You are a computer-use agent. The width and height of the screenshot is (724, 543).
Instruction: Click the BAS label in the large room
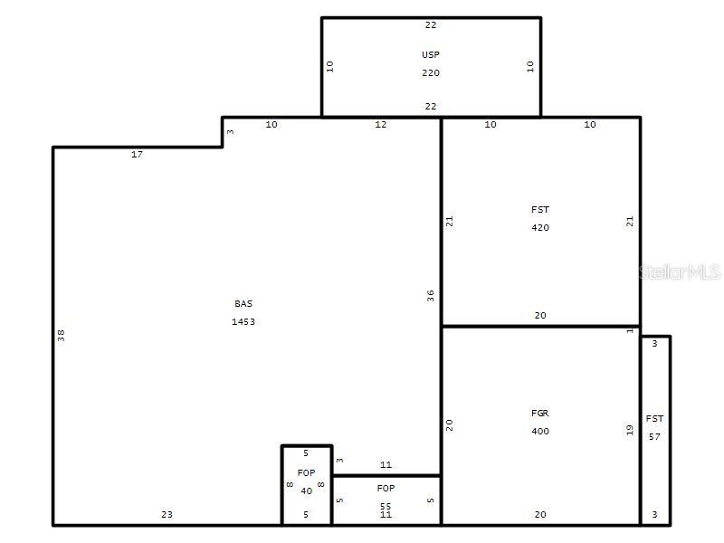(243, 304)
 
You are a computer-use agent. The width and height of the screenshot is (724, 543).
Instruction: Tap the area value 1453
(243, 321)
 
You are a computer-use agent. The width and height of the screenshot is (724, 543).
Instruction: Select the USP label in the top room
(431, 55)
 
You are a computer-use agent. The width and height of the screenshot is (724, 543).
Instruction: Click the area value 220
(431, 73)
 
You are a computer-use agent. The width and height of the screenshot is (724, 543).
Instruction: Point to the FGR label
(540, 414)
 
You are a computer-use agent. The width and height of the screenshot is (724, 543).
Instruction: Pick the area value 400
(540, 432)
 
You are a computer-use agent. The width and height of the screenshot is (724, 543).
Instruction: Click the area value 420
(540, 228)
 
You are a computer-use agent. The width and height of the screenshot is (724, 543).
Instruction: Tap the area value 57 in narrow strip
(655, 436)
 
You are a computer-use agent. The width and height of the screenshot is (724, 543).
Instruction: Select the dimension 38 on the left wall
(62, 335)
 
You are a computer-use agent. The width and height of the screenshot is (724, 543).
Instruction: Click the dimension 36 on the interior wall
(432, 295)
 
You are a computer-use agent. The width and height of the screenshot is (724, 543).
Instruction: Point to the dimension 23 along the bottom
(167, 515)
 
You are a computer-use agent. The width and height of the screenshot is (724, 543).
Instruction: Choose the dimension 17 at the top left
(137, 155)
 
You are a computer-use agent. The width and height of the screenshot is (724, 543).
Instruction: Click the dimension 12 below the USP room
(381, 125)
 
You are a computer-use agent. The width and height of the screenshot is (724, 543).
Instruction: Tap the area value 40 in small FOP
(307, 491)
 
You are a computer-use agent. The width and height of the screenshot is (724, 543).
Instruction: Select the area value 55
(386, 507)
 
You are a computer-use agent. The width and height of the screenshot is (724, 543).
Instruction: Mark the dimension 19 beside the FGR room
(631, 431)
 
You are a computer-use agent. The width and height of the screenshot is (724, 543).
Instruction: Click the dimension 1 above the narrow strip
(631, 330)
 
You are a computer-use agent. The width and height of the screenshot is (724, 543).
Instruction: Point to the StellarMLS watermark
(679, 271)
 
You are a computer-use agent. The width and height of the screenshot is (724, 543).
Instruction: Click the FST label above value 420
(540, 210)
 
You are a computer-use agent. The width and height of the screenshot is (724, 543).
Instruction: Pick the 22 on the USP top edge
(431, 25)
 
